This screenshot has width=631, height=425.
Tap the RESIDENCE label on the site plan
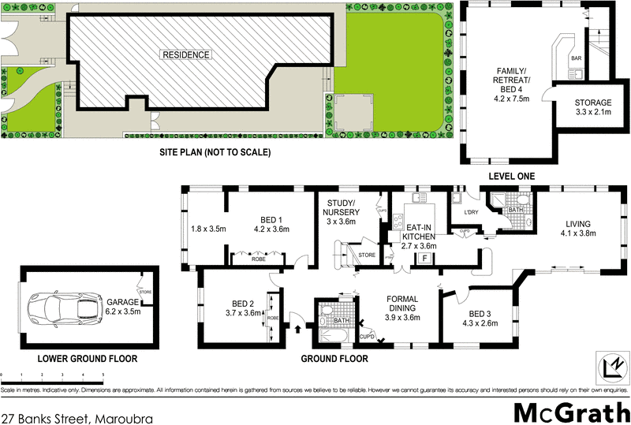point(186,55)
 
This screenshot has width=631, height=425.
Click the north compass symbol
point(609,366)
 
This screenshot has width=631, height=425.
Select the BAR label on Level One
point(576,58)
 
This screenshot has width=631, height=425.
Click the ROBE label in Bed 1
point(258,259)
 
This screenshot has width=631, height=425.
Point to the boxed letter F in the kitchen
point(425,258)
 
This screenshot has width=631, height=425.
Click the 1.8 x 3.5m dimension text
point(208,229)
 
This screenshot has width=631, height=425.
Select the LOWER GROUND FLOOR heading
point(81,359)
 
